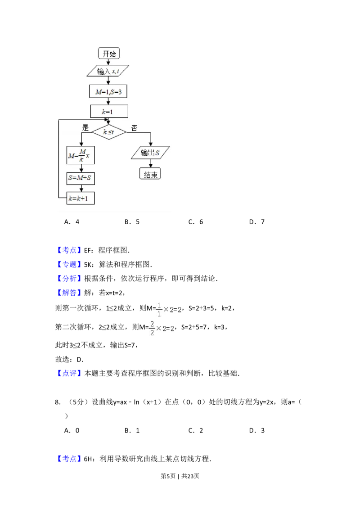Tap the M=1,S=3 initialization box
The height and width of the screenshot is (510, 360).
point(109,91)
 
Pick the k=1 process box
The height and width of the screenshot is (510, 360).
point(109,111)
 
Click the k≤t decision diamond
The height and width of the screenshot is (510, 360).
point(109,132)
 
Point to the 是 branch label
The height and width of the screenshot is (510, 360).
point(85,127)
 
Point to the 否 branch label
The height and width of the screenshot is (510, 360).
point(134,128)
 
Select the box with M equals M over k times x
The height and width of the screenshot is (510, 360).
point(81,155)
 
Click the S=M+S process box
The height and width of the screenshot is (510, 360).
point(81,178)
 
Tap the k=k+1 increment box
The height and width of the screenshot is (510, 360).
point(81,198)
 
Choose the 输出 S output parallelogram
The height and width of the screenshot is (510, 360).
point(150,153)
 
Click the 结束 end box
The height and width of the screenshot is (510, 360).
point(150,175)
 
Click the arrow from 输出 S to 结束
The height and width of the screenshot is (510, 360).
point(150,164)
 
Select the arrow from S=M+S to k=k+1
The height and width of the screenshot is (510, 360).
point(81,188)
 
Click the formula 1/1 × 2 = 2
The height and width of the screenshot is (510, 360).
point(169,309)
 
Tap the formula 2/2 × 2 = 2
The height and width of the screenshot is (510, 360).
point(162,329)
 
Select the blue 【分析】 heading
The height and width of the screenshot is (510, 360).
point(70,279)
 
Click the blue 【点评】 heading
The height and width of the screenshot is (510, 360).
point(70,373)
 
